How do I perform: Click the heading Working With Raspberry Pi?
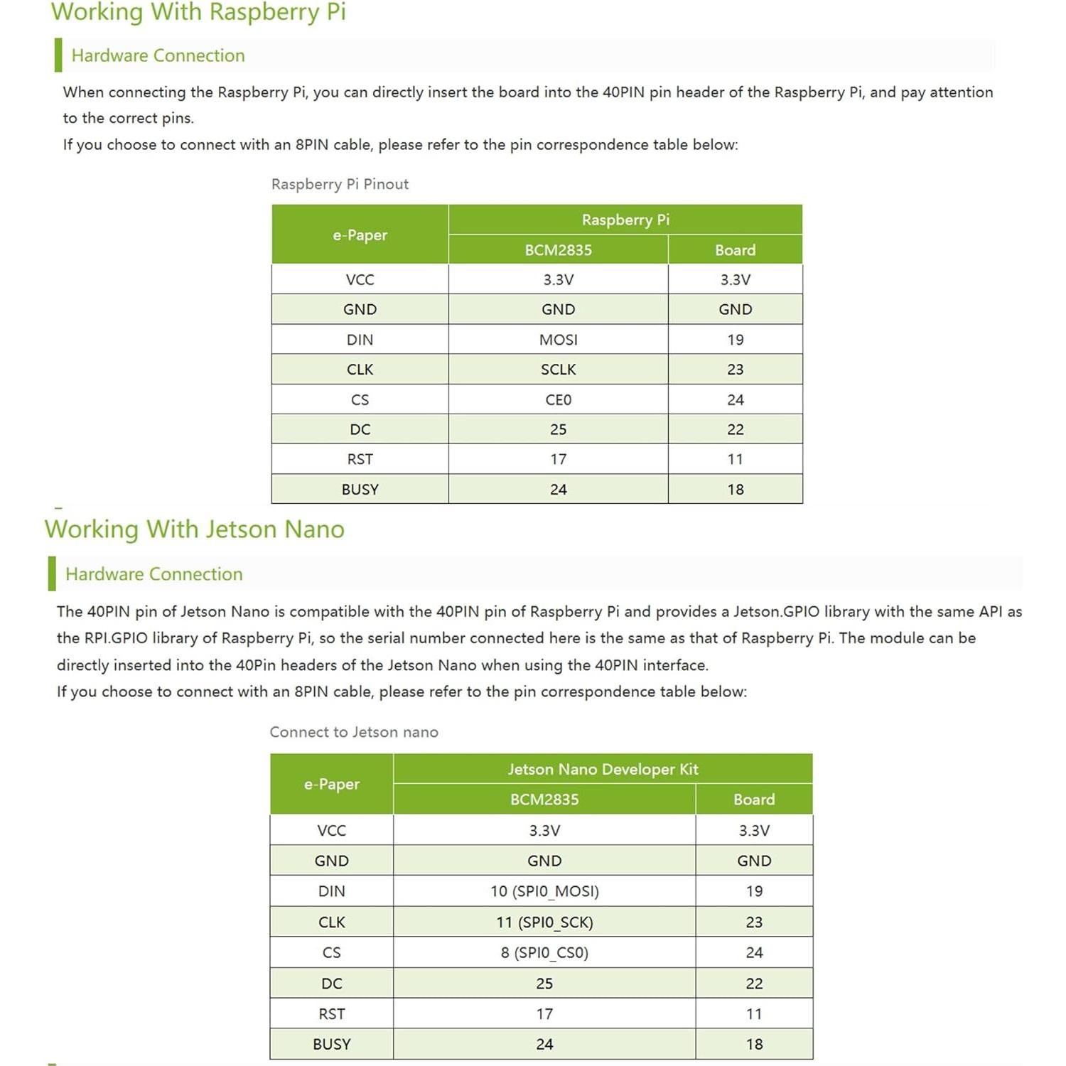click(x=198, y=13)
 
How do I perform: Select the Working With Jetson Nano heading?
click(x=194, y=529)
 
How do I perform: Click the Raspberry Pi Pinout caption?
click(x=340, y=184)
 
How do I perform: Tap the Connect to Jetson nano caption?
click(x=354, y=732)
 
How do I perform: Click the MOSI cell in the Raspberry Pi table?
click(x=558, y=340)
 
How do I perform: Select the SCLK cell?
click(x=558, y=370)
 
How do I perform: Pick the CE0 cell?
click(x=558, y=400)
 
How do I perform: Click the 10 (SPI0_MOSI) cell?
click(x=544, y=891)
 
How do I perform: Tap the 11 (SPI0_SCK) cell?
click(x=544, y=922)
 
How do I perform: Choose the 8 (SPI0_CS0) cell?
click(x=544, y=953)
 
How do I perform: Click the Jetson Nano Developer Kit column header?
click(x=603, y=769)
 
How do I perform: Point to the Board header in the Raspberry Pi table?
click(x=735, y=250)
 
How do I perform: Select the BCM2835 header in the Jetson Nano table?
click(x=544, y=799)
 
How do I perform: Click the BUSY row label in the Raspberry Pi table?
click(x=360, y=490)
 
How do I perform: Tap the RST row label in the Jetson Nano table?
click(x=331, y=1014)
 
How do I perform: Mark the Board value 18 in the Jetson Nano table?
click(x=754, y=1045)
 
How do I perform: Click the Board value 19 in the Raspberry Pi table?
click(x=735, y=340)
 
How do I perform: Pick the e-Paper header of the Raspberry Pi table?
click(x=360, y=235)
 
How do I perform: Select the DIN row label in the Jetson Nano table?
click(x=331, y=891)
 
